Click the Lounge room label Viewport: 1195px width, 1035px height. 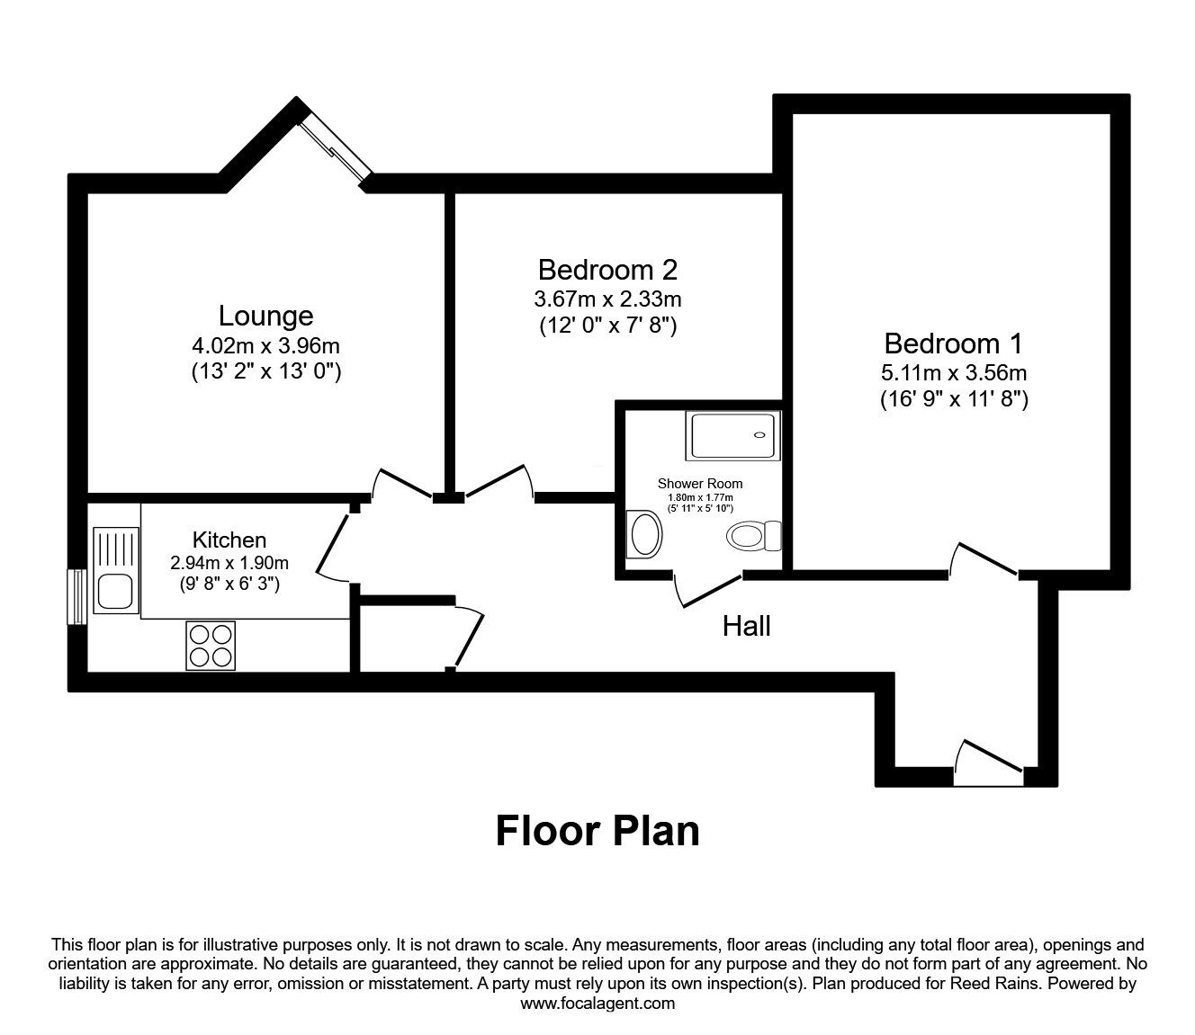265,316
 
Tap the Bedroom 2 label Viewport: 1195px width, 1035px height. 607,269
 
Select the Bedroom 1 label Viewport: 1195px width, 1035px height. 954,343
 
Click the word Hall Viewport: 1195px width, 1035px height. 746,626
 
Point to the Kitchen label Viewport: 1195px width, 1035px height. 229,540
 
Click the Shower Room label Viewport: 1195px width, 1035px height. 700,484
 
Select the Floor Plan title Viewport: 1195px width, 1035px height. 597,831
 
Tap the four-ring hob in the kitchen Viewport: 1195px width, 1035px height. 211,646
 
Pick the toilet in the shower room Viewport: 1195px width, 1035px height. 753,537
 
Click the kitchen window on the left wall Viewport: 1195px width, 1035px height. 77,596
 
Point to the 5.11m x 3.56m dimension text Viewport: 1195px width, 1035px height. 954,372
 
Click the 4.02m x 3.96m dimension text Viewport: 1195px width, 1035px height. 265,345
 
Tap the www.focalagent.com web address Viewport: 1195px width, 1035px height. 597,1004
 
